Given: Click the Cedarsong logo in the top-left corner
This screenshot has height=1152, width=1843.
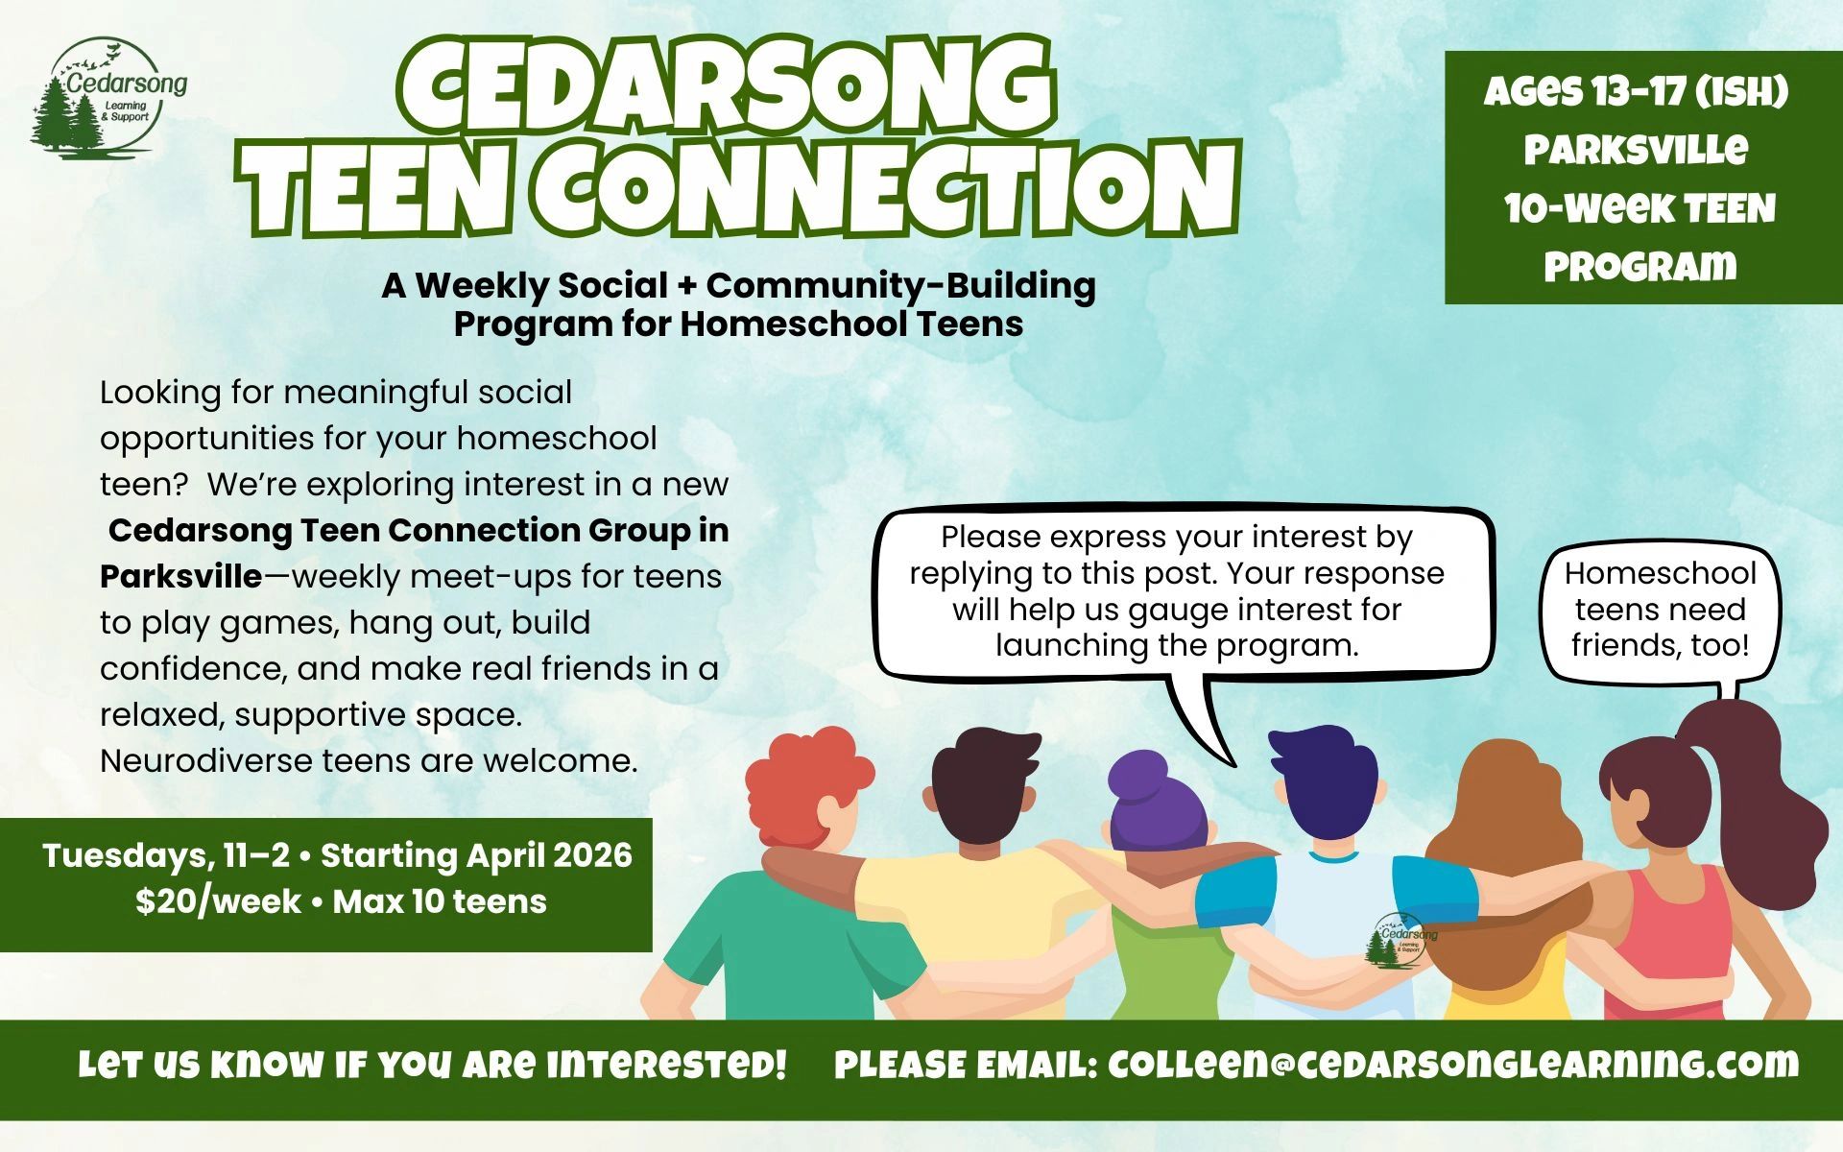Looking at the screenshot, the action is (x=108, y=98).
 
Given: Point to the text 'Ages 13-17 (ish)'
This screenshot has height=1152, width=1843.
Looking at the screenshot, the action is (x=1637, y=93).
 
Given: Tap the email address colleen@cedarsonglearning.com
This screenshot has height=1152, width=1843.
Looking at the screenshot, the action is (x=1453, y=1065).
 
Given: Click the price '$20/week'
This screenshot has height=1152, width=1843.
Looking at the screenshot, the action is (x=218, y=901).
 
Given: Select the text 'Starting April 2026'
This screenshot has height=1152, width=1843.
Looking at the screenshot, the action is (x=476, y=854).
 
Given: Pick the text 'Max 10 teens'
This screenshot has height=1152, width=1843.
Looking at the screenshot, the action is (x=440, y=901).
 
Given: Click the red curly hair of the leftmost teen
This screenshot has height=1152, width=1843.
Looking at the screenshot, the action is (x=802, y=787).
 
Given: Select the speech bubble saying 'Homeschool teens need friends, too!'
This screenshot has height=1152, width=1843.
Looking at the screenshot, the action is (x=1660, y=610).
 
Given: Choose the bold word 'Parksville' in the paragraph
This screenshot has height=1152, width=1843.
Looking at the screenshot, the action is (x=180, y=576).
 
